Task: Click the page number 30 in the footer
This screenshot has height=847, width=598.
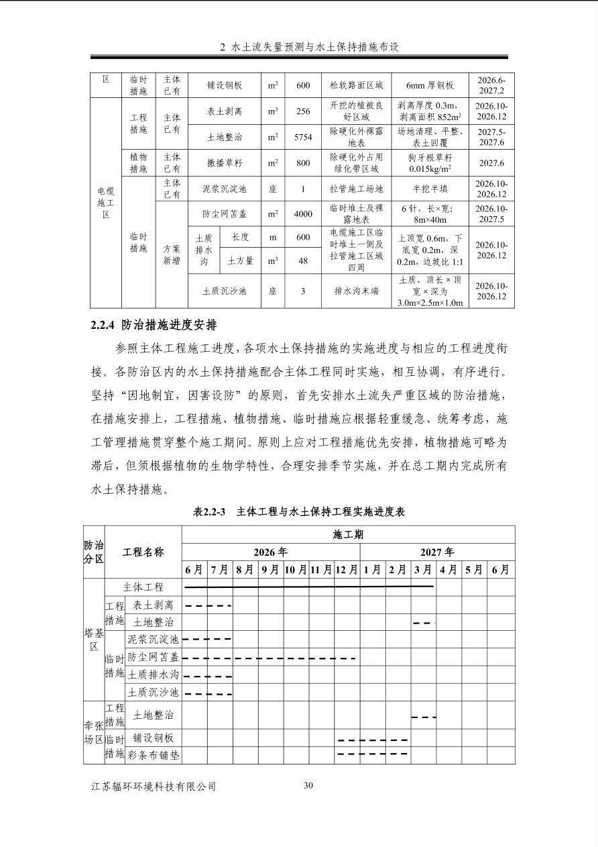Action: pyautogui.click(x=308, y=785)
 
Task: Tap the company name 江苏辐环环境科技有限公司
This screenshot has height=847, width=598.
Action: pyautogui.click(x=154, y=786)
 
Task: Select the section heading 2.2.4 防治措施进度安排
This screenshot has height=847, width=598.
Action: pyautogui.click(x=154, y=326)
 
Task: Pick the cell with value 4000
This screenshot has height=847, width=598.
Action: pyautogui.click(x=303, y=214)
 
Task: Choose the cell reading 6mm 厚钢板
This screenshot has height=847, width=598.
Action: pyautogui.click(x=430, y=85)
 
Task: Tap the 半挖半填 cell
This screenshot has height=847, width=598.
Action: pyautogui.click(x=430, y=189)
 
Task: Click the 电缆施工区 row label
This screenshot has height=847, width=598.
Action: pyautogui.click(x=105, y=203)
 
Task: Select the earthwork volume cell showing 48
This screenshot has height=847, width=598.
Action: pyautogui.click(x=303, y=260)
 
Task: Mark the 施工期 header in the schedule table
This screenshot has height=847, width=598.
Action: pyautogui.click(x=348, y=534)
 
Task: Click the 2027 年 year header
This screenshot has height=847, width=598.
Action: pyautogui.click(x=437, y=552)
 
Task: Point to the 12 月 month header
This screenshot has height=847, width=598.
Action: pyautogui.click(x=347, y=570)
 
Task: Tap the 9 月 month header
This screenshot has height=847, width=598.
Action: pyautogui.click(x=270, y=570)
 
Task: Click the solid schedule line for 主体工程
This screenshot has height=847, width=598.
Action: pyautogui.click(x=308, y=587)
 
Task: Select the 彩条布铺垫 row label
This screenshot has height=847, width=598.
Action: pyautogui.click(x=153, y=754)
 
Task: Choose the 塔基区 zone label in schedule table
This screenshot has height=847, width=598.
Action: pyautogui.click(x=94, y=639)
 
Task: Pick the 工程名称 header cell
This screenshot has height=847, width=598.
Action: pyautogui.click(x=143, y=552)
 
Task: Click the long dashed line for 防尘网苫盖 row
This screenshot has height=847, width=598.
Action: pyautogui.click(x=268, y=658)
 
